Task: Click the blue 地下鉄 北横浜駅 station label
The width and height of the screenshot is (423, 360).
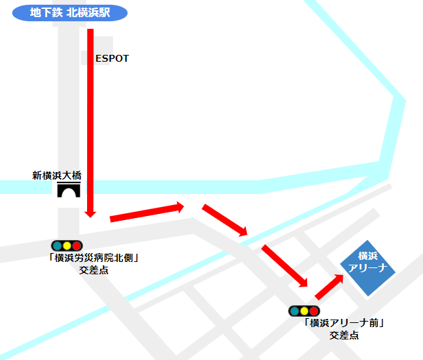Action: coord(70,12)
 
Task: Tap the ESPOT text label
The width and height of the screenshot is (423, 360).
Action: coord(112,59)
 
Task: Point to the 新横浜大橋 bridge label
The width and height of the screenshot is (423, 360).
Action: coord(57,175)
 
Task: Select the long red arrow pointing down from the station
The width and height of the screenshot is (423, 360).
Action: coord(90,123)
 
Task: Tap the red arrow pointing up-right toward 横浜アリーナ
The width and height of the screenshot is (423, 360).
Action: coord(328,287)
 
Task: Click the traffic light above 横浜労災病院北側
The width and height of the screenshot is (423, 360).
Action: coord(67,245)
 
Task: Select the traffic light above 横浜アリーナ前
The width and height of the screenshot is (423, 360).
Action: coord(304,311)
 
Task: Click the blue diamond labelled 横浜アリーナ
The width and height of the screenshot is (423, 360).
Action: coord(368,268)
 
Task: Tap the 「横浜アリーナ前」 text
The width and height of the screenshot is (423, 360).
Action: coord(339,324)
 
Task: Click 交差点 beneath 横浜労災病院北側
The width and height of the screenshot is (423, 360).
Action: coord(94,270)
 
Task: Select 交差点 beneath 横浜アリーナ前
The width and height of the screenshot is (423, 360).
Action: coord(344,335)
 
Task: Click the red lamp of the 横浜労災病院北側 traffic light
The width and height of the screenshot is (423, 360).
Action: coord(77,245)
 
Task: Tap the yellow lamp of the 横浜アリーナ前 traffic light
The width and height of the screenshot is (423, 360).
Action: coord(304,311)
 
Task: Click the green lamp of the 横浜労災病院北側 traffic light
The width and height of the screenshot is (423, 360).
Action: coord(56,245)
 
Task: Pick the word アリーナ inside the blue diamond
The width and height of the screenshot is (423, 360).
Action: coord(368,268)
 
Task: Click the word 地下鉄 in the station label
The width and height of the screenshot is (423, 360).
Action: coord(45,12)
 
